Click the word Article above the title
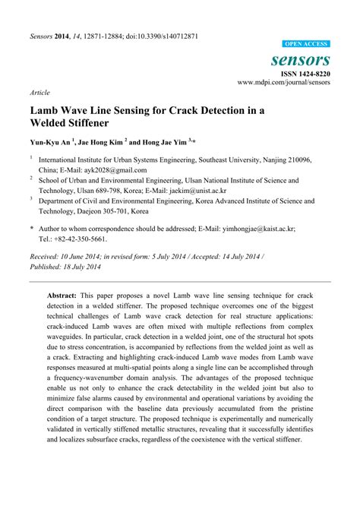[x=39, y=91]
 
